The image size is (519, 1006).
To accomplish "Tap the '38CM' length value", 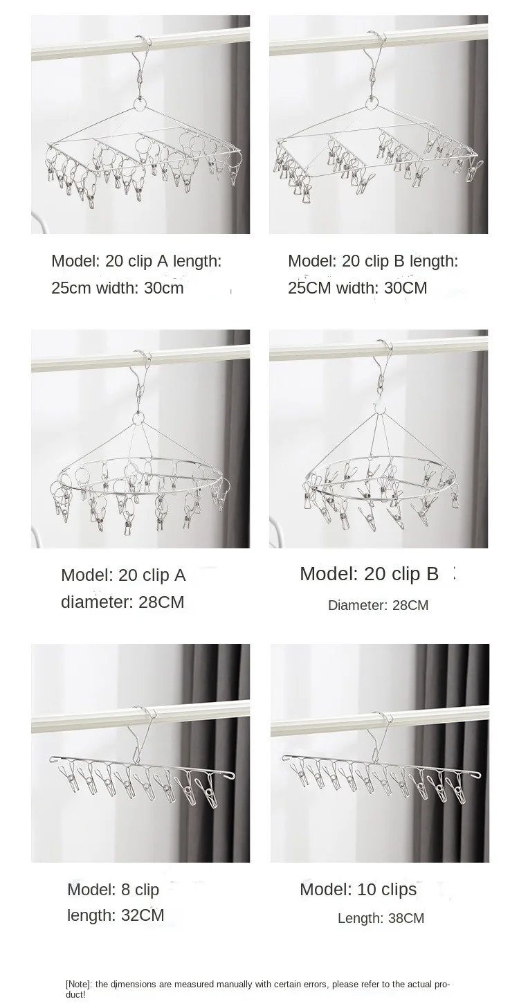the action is [406, 918].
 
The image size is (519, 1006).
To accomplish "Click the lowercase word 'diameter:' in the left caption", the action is [97, 602].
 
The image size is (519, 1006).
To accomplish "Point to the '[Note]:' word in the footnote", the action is [79, 985].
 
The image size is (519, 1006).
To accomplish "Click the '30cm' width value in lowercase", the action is [164, 288].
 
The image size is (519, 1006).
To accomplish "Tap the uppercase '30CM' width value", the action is [406, 288].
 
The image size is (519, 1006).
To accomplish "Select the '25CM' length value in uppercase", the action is [309, 288].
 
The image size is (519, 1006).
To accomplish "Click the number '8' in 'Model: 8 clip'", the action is [126, 890].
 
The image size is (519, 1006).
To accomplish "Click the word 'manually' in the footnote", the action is [234, 985].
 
